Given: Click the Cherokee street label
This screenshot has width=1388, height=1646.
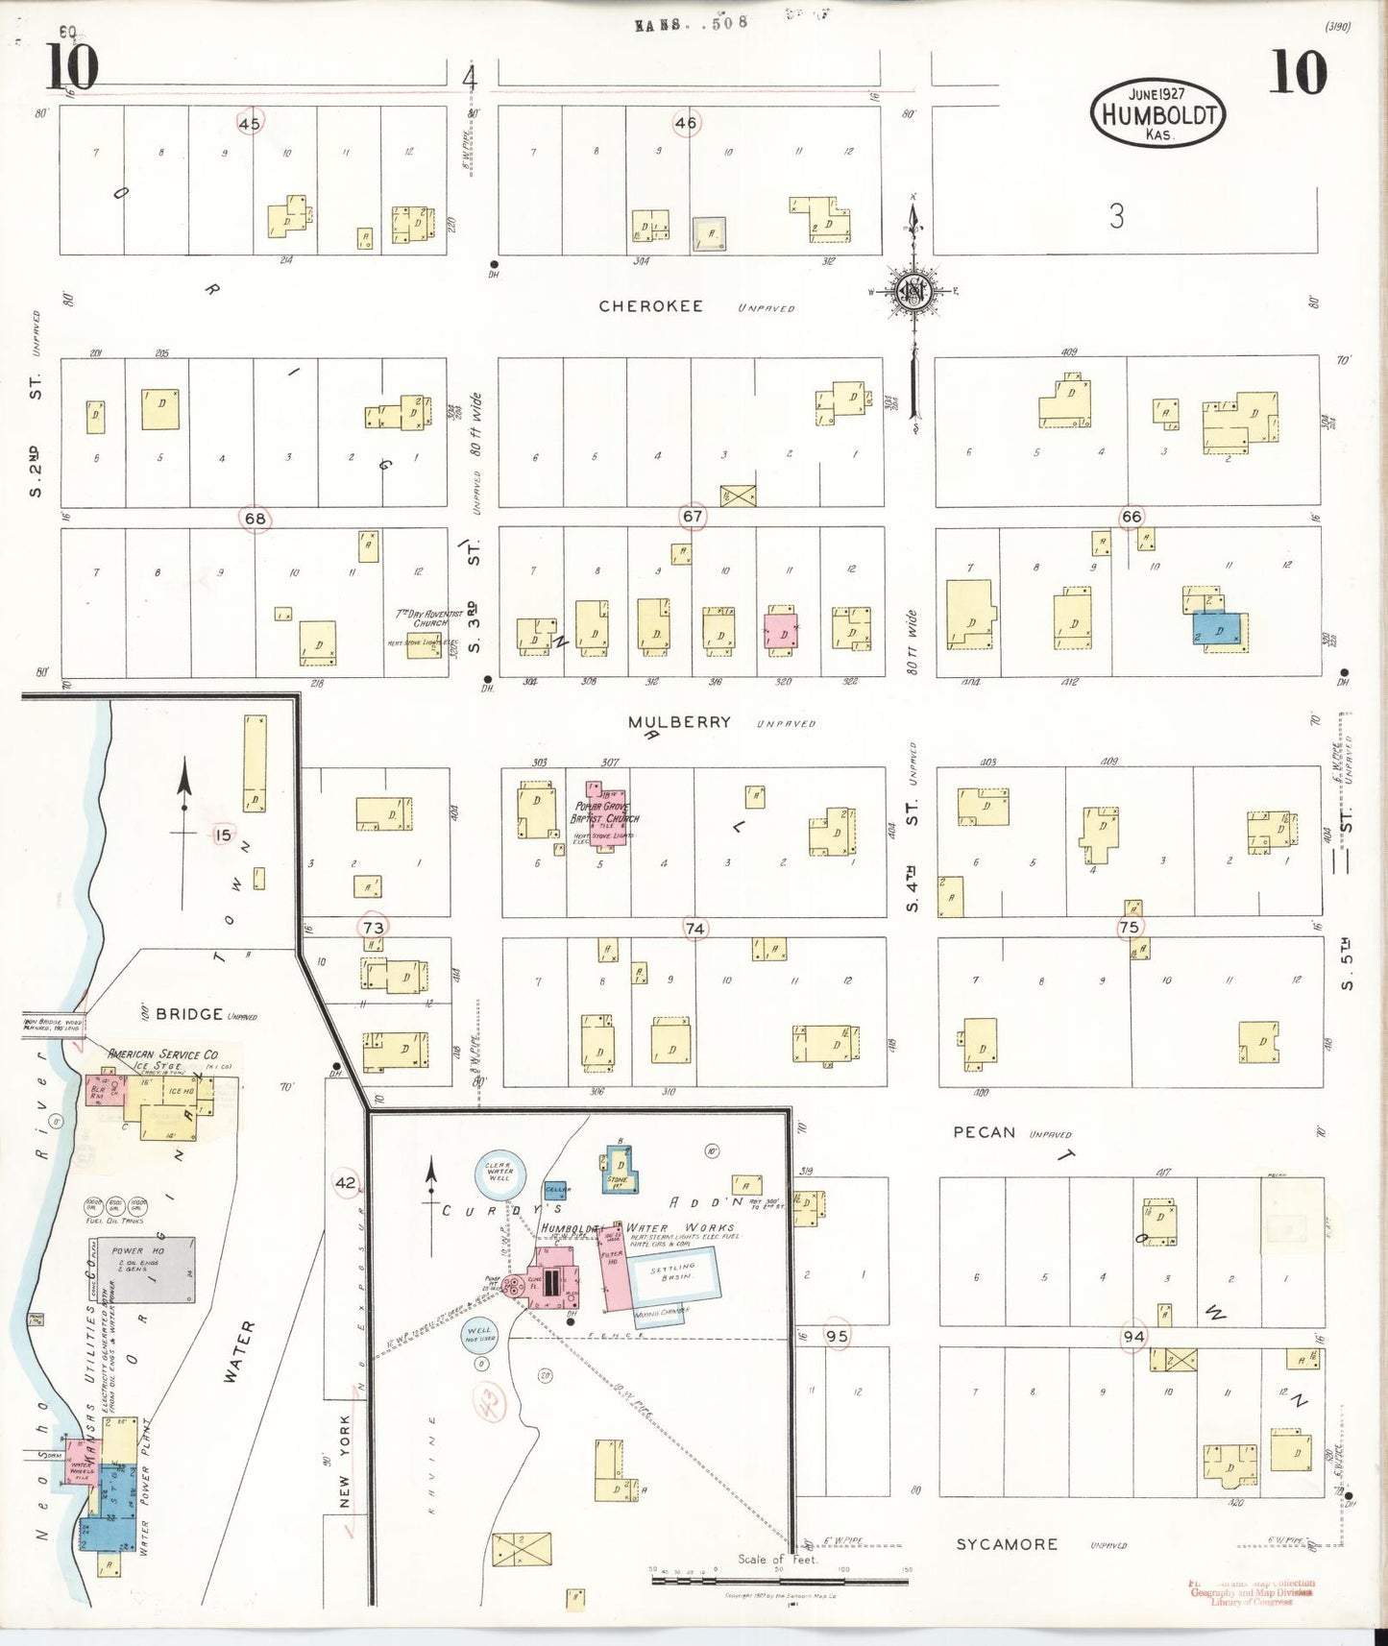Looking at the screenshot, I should point(651,306).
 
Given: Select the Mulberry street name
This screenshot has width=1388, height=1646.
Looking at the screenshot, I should point(679,722).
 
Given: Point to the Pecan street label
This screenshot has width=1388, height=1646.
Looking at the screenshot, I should point(984,1132).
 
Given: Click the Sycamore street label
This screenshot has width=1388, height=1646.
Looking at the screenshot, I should point(1006,1544).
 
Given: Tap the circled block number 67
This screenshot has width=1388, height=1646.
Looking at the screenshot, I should point(693,517).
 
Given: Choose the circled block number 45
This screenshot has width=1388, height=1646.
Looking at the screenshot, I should point(250,124).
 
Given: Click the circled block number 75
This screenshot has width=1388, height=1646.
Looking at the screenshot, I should point(1129,927).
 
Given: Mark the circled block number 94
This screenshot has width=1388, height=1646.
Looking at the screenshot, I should point(1134,1336).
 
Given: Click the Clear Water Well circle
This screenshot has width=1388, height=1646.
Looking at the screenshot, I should point(499,1174).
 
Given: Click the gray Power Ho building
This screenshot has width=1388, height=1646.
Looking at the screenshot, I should point(153,1270).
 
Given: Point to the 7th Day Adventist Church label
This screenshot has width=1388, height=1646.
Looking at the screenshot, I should point(428,617).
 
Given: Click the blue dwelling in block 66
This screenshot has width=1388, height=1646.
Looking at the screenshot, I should point(1218,630).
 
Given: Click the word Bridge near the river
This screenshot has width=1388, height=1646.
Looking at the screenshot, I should point(189,1013).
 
